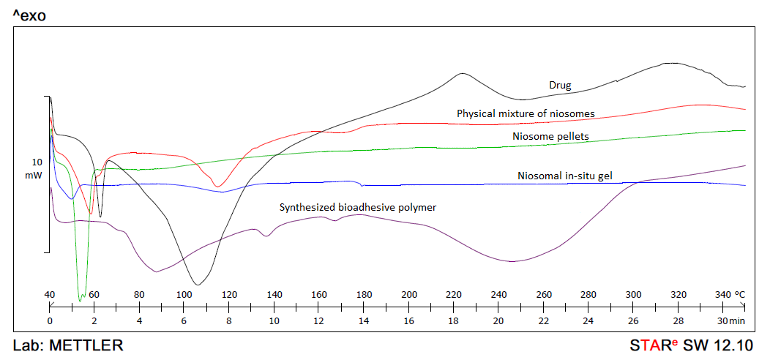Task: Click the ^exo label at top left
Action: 29,15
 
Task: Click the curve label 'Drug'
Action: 560,85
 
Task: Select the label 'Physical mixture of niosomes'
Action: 526,113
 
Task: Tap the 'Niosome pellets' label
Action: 550,136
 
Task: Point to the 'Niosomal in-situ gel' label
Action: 564,176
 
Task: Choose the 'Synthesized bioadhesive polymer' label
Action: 358,207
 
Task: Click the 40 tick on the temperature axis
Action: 50,294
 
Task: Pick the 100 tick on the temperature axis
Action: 184,294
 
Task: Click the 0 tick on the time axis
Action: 50,320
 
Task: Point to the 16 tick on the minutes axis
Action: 408,320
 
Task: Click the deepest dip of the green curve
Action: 81,300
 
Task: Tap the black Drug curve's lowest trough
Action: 195,284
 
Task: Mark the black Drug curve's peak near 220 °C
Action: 461,73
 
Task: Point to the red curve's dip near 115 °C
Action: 217,187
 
